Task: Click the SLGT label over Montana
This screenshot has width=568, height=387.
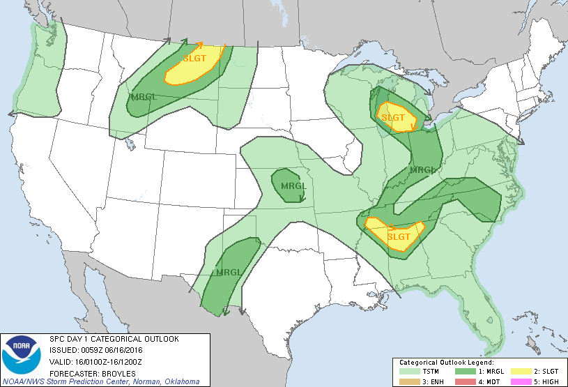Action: [x=194, y=59]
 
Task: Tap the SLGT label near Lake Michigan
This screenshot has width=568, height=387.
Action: [x=392, y=117]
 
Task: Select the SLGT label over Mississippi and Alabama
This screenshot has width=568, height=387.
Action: [x=399, y=236]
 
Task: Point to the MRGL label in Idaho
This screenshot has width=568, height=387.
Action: [x=143, y=96]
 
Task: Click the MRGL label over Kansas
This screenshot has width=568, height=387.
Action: [x=294, y=186]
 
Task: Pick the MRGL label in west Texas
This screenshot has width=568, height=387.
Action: [x=228, y=271]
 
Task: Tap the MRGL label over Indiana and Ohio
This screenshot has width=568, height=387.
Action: [x=422, y=169]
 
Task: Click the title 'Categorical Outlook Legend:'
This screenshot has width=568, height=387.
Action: [x=445, y=363]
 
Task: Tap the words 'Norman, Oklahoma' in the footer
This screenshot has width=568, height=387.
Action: [x=166, y=381]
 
